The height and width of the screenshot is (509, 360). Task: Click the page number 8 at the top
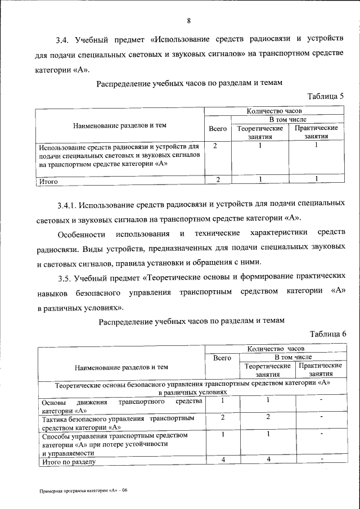(x=189, y=21)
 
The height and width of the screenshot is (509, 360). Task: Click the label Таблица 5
(x=326, y=96)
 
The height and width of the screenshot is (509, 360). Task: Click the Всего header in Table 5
(x=218, y=129)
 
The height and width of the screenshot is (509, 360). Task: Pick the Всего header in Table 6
(x=223, y=357)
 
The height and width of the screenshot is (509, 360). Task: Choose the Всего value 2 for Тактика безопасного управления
(x=223, y=417)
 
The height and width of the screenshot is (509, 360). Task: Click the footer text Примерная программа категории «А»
(x=84, y=490)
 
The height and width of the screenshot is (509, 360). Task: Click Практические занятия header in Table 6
(x=320, y=370)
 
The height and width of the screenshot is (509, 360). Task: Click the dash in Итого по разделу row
(x=321, y=460)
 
